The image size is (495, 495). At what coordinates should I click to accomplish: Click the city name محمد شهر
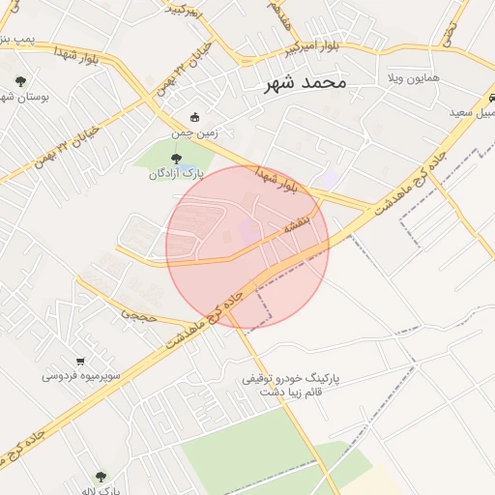click(x=305, y=83)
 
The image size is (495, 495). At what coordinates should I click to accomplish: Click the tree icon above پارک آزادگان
click(x=175, y=160)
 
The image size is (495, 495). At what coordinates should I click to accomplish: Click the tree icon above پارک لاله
click(x=101, y=477)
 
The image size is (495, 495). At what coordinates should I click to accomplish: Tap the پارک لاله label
click(x=101, y=490)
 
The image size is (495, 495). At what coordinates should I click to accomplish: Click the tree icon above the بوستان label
click(x=20, y=81)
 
